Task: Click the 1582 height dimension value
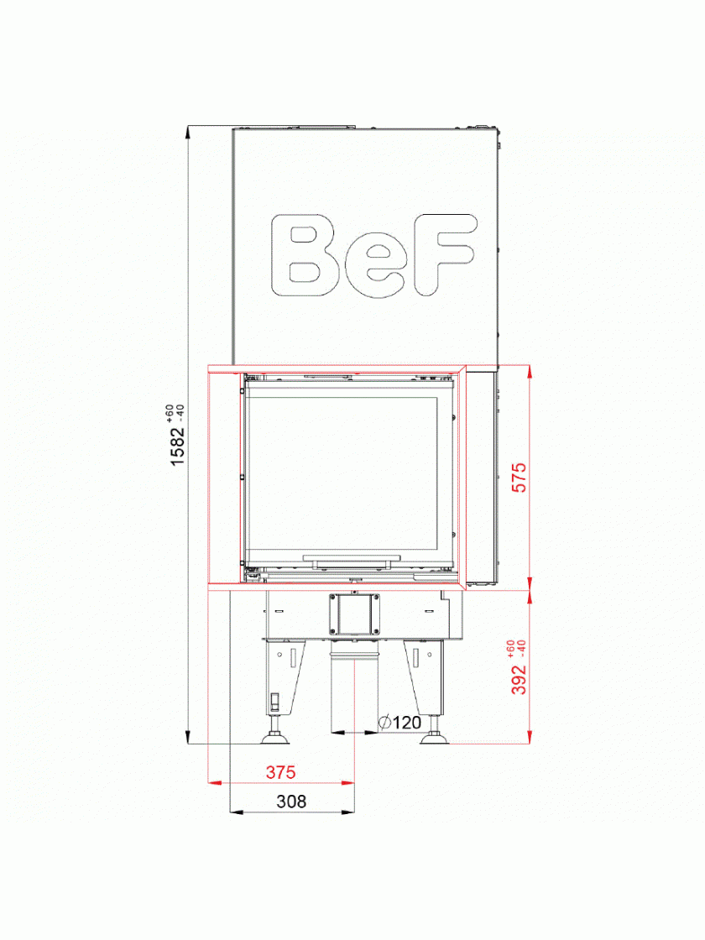coord(178,445)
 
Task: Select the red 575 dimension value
coord(520,478)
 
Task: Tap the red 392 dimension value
coord(520,679)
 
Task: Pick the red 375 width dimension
coord(280,772)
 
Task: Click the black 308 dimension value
coord(291,802)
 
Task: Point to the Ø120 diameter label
coord(400,723)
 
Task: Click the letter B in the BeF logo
coord(305,255)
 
